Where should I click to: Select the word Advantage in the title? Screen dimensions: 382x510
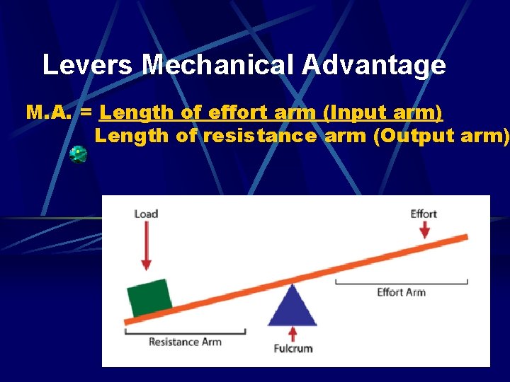375,65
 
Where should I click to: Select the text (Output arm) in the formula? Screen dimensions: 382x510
439,136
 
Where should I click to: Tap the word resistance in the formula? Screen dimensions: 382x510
259,136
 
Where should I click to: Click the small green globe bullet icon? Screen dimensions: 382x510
78,154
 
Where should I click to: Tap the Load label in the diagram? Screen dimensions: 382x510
146,214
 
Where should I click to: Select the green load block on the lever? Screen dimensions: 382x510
149,297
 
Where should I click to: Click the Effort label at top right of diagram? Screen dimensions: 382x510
424,214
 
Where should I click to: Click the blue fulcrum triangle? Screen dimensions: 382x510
293,308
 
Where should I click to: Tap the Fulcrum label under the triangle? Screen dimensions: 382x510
293,348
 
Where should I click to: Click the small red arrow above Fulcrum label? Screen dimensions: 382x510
293,334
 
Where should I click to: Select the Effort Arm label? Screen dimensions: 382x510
401,292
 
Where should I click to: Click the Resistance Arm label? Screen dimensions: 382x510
185,342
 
